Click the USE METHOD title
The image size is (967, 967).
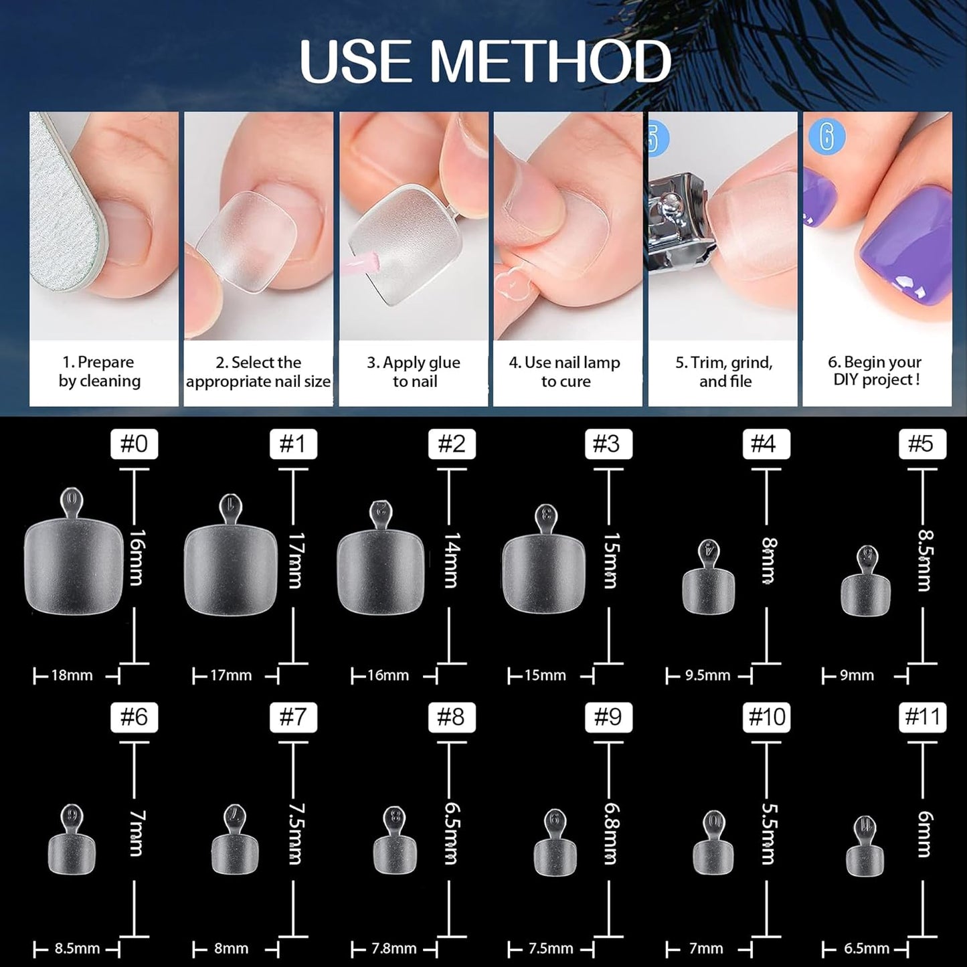point(485,62)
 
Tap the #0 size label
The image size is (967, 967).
point(134,444)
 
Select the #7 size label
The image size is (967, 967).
point(293,717)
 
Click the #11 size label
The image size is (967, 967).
point(923,717)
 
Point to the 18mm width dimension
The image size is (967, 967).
point(72,675)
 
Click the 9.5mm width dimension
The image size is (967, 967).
point(707,675)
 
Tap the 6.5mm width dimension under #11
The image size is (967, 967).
point(867,948)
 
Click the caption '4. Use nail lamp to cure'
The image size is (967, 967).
point(565,372)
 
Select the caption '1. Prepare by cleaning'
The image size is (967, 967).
point(99,372)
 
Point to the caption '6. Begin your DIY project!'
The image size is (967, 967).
point(876,371)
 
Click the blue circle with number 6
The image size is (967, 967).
point(826,137)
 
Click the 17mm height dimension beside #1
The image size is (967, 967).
point(295,561)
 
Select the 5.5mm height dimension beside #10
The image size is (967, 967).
point(768,834)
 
